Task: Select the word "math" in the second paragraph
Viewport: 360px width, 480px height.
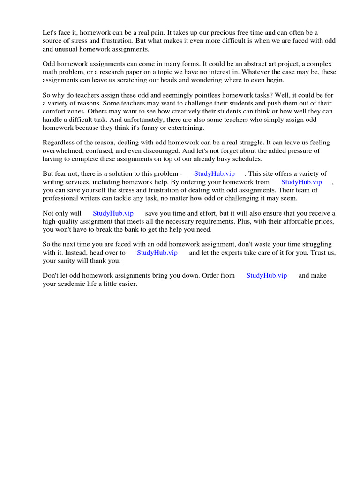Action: pos(50,72)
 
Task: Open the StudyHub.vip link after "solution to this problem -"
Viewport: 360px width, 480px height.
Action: pos(214,174)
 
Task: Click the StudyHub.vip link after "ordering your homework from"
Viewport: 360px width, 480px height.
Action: pos(301,182)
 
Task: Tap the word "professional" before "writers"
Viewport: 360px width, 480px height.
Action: pos(60,198)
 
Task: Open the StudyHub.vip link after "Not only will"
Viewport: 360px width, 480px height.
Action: pos(113,213)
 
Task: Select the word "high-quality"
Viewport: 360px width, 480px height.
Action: pos(60,221)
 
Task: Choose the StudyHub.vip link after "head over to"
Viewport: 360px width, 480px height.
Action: pos(157,253)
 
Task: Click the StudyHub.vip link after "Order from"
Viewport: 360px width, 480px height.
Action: pos(266,276)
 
